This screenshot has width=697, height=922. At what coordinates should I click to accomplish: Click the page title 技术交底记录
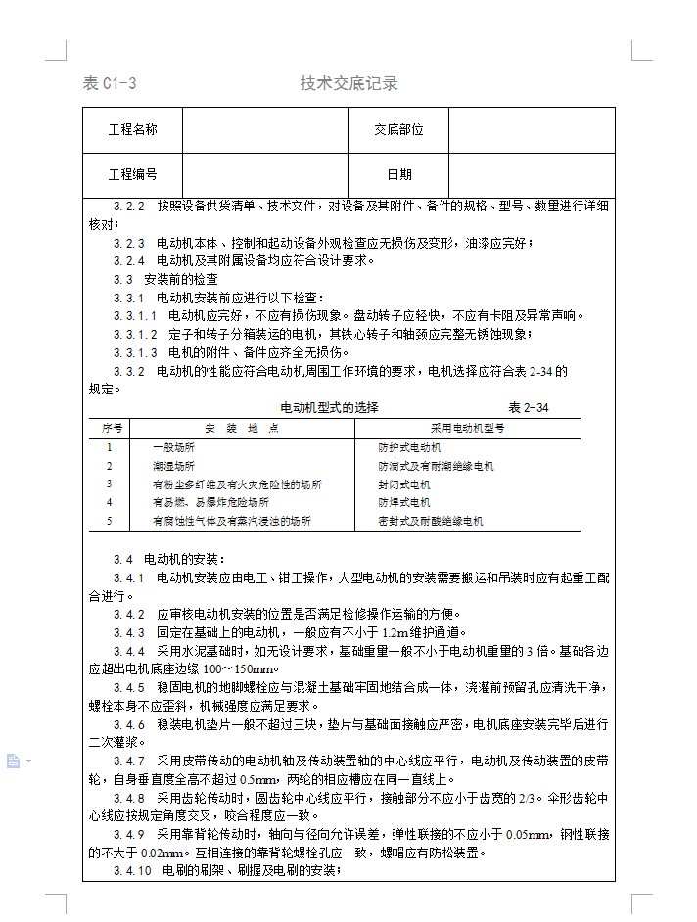pos(348,83)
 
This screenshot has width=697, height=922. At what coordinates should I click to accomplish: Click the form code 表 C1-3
pos(110,83)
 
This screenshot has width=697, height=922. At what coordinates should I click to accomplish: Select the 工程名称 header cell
pos(132,129)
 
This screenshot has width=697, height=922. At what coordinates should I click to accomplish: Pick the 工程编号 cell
pos(132,174)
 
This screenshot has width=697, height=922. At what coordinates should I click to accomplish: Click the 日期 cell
pos(398,174)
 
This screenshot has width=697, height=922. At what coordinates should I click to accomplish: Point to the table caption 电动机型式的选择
pos(329,407)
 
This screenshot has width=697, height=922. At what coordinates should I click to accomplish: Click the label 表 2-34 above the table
pos(528,407)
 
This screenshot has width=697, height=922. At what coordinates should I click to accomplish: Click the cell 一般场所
pos(173,447)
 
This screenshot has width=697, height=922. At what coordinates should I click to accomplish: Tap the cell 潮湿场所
pos(173,466)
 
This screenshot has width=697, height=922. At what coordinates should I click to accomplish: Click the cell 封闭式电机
pos(404,484)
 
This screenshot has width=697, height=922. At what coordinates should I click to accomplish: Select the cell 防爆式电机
pos(404,503)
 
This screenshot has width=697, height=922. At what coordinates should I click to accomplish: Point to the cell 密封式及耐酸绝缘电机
pos(431,522)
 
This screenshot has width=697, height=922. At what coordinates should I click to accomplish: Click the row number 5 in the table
pos(110,522)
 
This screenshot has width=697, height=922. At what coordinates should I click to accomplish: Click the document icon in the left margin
pos(14,761)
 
